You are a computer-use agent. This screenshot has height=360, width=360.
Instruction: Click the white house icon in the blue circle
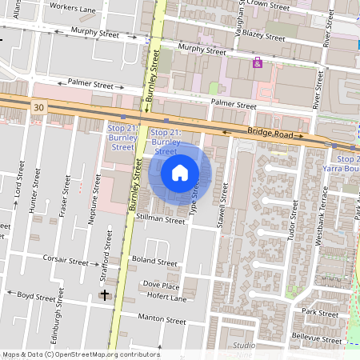coord(180,172)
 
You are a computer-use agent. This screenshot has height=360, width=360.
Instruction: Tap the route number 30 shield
coord(39,105)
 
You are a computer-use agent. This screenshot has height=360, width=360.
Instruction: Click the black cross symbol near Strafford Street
coord(104,295)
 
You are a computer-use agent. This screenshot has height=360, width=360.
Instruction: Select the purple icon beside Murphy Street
coord(257,62)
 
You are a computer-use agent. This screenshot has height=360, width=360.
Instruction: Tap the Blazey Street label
coord(263,37)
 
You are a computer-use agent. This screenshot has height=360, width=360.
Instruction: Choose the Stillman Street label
coord(160,218)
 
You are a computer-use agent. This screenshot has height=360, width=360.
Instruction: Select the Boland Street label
coord(154,262)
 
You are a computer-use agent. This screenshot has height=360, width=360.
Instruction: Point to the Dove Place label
coord(160,285)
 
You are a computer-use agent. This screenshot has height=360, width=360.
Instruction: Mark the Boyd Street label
coord(37,295)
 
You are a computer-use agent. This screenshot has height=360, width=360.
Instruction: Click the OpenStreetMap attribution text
coord(81,354)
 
